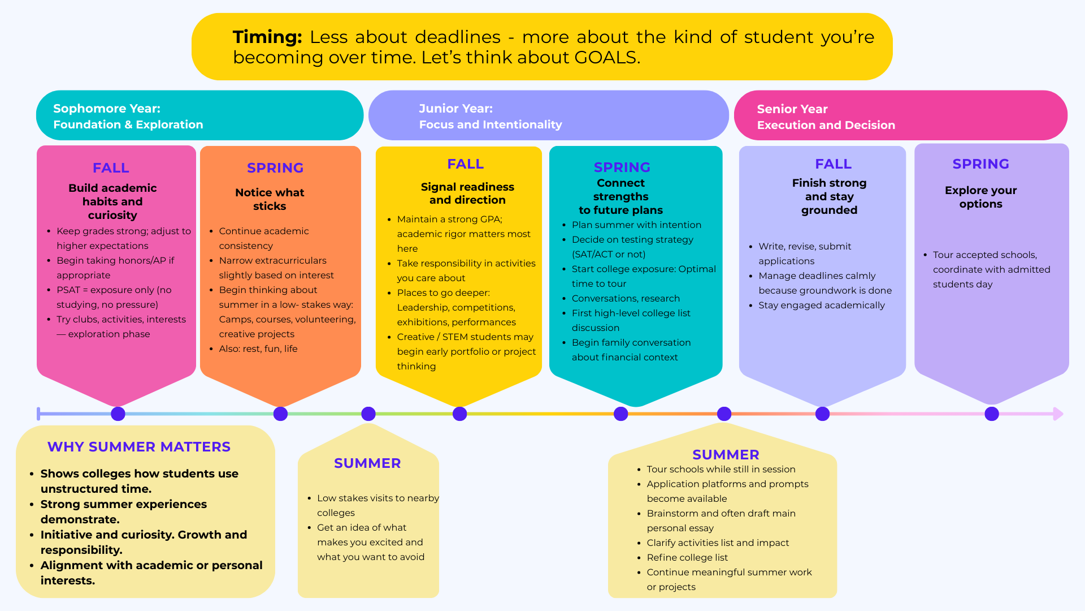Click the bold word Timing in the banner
coord(267,37)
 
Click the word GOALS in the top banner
coord(606,58)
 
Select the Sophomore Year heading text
coord(107,109)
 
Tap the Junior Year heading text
coord(455,109)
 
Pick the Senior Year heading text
coord(792,109)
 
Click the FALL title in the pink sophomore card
coord(111,168)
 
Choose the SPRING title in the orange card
coord(275,168)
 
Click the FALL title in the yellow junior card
coord(465,164)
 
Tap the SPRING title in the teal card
coord(622,167)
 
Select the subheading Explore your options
coord(980,197)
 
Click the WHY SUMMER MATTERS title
coord(139,447)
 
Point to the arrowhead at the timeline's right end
coord(1058,414)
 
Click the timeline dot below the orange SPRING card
coord(280,414)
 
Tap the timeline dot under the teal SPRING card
coord(620,414)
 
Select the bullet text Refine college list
coord(687,558)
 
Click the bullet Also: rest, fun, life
coord(258,349)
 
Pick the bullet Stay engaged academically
coord(822,305)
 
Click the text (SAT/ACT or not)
coord(609,255)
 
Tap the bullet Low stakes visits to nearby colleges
coord(377,505)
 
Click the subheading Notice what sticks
coord(270,199)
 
